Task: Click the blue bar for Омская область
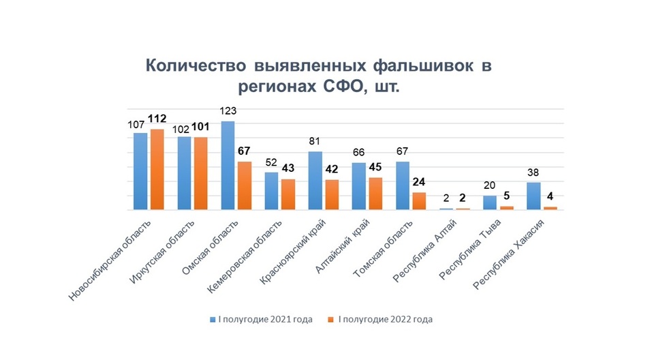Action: [x=228, y=166]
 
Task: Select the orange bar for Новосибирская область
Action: [x=157, y=169]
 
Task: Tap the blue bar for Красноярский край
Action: [x=315, y=181]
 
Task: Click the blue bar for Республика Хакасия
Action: [x=533, y=196]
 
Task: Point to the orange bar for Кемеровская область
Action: [x=289, y=194]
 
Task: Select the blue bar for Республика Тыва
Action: [x=490, y=202]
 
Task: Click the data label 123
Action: [x=228, y=111]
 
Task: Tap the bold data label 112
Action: [x=157, y=119]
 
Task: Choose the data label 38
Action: [x=533, y=172]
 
